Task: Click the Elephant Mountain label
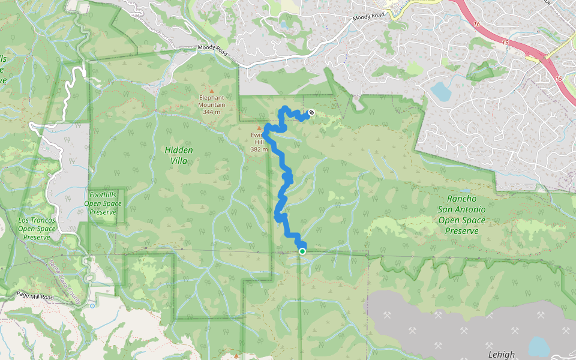[211, 101]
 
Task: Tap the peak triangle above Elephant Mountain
[211, 91]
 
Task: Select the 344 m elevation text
[211, 112]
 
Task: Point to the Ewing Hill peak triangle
[259, 128]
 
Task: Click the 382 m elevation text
[260, 149]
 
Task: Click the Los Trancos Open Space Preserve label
[37, 229]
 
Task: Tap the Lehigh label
[501, 355]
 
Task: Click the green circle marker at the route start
[302, 251]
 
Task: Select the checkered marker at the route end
[311, 112]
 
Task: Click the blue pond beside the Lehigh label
[538, 346]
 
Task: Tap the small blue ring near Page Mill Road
[91, 305]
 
